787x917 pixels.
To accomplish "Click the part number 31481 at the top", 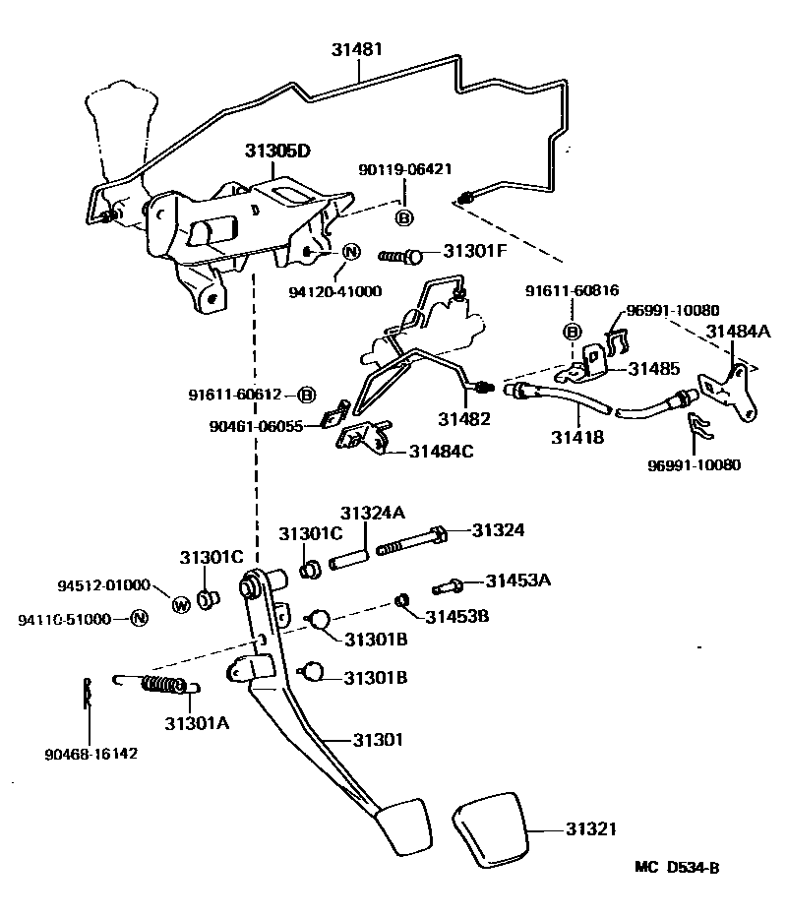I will coord(358,48).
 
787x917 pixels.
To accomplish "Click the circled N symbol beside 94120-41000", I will coord(351,253).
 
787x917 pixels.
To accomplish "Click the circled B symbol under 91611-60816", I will coord(571,330).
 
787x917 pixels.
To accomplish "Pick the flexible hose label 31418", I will coord(577,436).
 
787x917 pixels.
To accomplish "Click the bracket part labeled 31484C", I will coord(362,435).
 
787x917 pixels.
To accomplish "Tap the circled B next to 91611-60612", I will coord(306,395).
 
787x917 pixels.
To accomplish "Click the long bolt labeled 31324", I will coord(408,541).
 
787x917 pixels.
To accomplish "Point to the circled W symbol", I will coord(180,604).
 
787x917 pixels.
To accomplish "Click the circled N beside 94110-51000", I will coord(139,618).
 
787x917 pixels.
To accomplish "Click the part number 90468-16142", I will coord(91,755).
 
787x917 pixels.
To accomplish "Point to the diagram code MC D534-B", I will coord(677,868).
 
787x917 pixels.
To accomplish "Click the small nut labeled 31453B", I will coord(401,600).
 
